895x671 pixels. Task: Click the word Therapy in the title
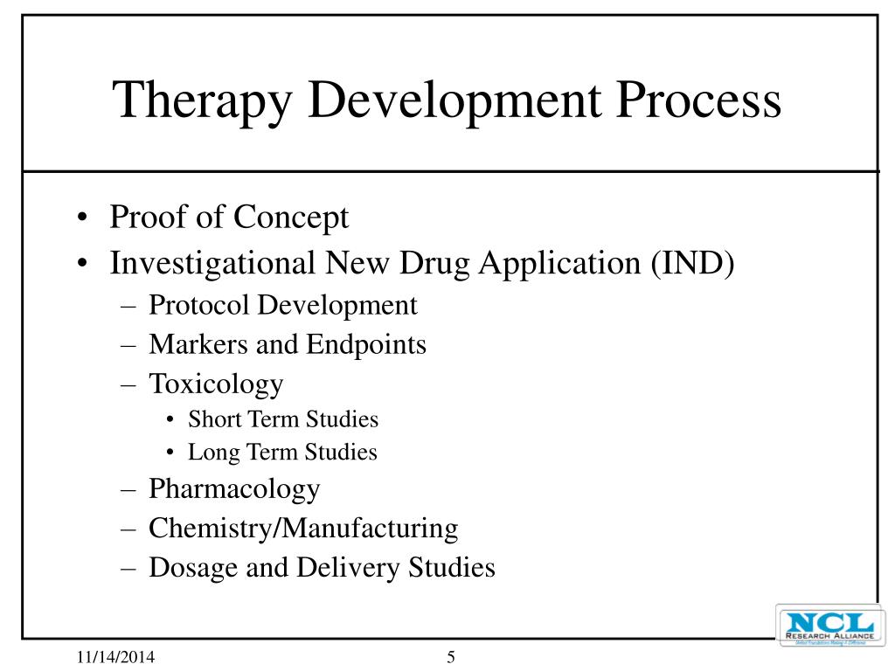[x=204, y=100]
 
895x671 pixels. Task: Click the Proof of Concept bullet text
[x=229, y=218]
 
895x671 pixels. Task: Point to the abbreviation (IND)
[x=691, y=262]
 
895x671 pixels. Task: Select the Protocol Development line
[x=283, y=305]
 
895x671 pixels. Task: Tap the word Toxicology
[x=216, y=384]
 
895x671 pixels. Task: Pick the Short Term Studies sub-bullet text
[x=283, y=419]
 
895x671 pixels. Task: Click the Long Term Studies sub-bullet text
[x=282, y=453]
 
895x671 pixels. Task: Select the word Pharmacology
[x=234, y=488]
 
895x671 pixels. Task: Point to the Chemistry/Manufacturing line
[x=303, y=528]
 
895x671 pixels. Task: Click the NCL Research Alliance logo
[x=826, y=626]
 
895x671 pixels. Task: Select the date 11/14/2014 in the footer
[x=108, y=658]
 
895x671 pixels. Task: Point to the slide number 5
[x=451, y=658]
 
